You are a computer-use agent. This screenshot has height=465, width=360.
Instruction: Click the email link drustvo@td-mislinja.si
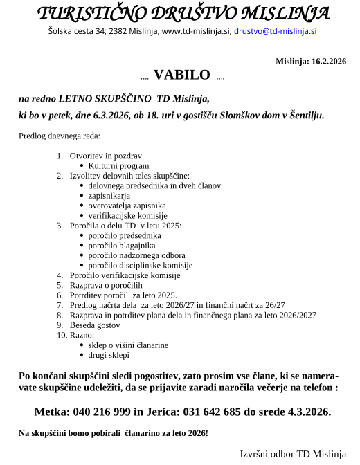pos(276,31)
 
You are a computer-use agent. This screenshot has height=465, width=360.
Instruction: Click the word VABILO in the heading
pos(181,75)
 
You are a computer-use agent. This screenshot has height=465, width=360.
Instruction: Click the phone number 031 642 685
pos(215,412)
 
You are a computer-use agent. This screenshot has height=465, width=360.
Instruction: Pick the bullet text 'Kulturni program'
pos(118,166)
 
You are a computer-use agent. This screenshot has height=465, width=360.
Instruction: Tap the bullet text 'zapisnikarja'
pos(109,196)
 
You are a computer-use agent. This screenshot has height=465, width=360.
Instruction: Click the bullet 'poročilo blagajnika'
pos(122,246)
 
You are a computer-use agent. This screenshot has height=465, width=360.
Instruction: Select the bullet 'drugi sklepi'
pos(109,355)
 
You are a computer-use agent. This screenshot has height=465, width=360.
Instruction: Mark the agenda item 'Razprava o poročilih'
pos(106,285)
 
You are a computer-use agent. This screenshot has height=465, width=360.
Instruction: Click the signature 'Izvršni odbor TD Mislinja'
pos(292,454)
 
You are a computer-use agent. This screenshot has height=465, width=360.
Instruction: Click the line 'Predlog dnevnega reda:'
pos(60,135)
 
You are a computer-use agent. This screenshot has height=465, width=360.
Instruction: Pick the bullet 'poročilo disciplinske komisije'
pos(140,265)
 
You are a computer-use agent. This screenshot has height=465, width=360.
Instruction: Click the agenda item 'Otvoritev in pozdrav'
pos(105,156)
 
